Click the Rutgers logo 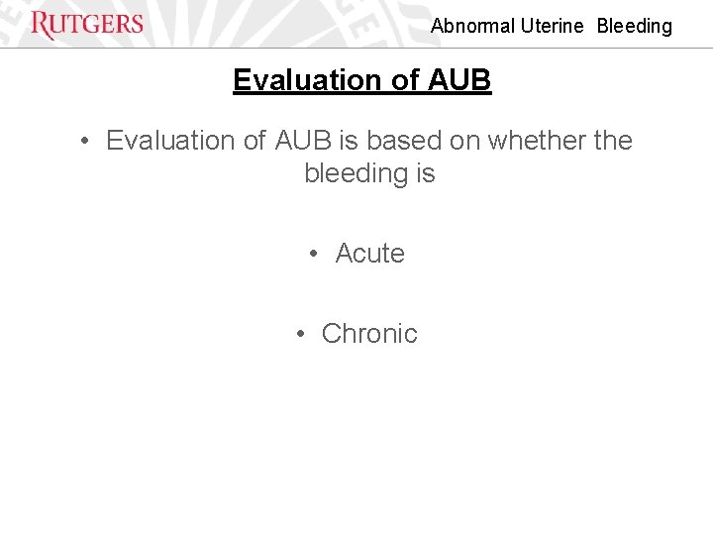pyautogui.click(x=87, y=25)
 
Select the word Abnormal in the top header pyautogui.click(x=472, y=27)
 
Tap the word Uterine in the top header pyautogui.click(x=552, y=27)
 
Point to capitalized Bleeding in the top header pyautogui.click(x=634, y=27)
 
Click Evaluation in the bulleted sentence pyautogui.click(x=172, y=141)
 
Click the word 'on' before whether pyautogui.click(x=464, y=141)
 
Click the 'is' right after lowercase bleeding pyautogui.click(x=425, y=173)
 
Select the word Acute pyautogui.click(x=369, y=254)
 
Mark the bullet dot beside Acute pyautogui.click(x=313, y=255)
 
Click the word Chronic pyautogui.click(x=369, y=334)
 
